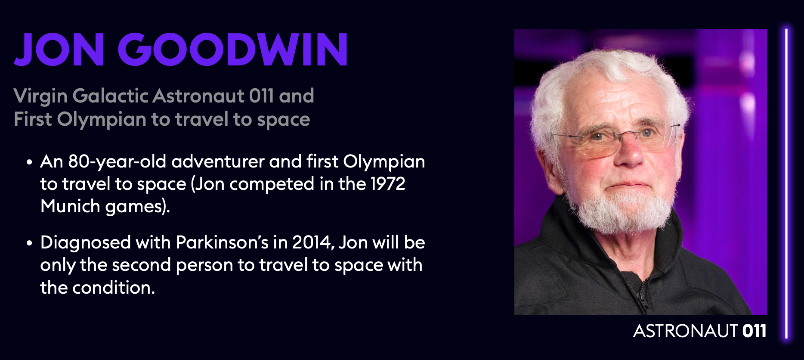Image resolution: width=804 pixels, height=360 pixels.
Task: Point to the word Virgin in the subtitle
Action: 40,96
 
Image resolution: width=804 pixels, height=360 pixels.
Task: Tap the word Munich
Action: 70,206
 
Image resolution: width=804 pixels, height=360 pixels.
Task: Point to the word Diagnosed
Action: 85,243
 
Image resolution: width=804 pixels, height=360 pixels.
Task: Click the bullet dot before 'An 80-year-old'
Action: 29,162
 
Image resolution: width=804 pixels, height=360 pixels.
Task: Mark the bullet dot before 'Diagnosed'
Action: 29,243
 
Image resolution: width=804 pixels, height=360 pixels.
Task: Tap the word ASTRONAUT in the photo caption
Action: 685,331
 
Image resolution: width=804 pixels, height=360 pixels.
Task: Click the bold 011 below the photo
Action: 755,331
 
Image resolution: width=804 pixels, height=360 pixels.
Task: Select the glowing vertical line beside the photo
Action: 786,183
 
